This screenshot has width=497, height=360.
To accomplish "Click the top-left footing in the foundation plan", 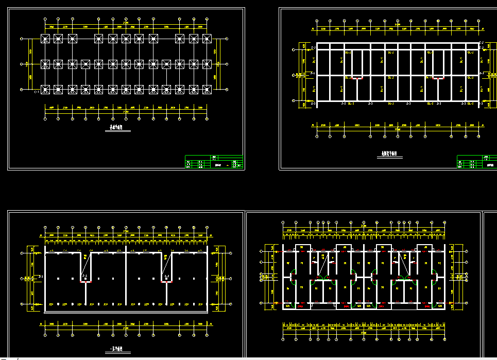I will (x=45, y=39).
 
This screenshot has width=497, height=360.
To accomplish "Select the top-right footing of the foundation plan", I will (x=207, y=39).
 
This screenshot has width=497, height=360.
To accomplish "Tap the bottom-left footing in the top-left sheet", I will (x=45, y=90).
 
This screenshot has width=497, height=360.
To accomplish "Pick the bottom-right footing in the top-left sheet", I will (x=207, y=90).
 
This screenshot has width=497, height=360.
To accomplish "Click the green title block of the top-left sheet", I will (x=214, y=162).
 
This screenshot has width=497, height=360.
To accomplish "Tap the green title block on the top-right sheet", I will (x=476, y=162).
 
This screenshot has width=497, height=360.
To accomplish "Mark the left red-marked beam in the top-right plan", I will (x=354, y=78).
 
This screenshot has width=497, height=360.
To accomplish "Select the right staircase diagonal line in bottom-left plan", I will (x=166, y=266).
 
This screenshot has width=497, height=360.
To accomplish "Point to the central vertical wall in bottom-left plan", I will (x=126, y=278).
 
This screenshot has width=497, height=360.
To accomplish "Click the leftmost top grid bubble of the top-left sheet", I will (x=45, y=20).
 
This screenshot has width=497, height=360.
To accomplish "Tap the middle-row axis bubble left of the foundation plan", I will (x=20, y=64).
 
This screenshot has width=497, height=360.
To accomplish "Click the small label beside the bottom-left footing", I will (x=36, y=93).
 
